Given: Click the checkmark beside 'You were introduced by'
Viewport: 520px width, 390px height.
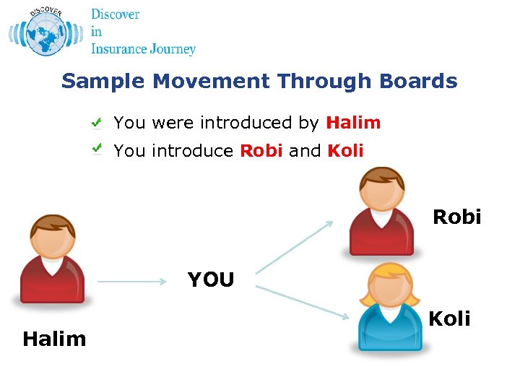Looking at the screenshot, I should click(97, 123).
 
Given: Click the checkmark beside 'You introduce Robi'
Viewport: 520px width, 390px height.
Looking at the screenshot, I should click(97, 149).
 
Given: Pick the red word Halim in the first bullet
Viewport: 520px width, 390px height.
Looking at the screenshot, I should click(353, 123).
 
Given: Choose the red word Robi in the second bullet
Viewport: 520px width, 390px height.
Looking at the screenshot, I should click(261, 151).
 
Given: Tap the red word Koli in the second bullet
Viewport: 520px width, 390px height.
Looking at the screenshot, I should click(345, 151).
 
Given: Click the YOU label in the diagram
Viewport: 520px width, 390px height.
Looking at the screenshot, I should click(211, 279).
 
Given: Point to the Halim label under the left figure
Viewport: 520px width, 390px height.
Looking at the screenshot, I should click(54, 339).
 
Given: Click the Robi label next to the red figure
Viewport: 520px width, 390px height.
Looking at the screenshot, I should click(456, 217).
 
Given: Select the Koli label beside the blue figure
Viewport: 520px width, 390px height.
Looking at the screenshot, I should click(449, 318).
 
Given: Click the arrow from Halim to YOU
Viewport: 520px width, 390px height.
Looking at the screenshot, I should click(132, 282).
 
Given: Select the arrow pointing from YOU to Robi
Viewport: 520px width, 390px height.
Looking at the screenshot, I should click(295, 248).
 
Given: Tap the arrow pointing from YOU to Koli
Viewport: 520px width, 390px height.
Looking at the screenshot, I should click(303, 302).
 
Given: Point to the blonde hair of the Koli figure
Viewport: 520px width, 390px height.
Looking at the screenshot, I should click(389, 271).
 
